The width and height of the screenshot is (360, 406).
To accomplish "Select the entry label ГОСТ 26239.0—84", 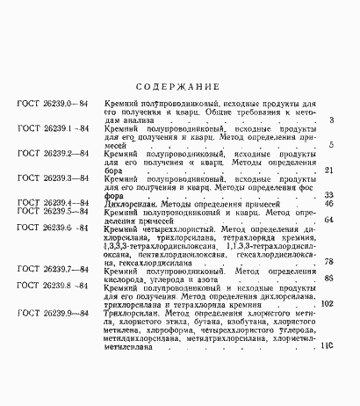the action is [x=53, y=105].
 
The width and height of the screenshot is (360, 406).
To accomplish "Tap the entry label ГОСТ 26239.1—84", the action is [x=53, y=129].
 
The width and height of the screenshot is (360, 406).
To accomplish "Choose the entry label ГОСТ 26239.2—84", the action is [x=53, y=154].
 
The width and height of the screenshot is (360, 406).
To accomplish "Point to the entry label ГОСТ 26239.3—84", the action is [x=53, y=178].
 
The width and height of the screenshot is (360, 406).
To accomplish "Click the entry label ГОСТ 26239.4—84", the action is [x=53, y=203].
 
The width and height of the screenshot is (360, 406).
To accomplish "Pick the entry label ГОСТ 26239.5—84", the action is [x=53, y=212].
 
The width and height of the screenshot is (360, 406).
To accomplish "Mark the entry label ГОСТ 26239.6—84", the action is [x=53, y=228].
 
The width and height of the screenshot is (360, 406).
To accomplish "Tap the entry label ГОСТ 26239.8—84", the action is [x=53, y=286].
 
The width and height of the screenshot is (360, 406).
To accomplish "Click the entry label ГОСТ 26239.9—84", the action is [x=53, y=313].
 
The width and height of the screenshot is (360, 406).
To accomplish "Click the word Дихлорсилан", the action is [x=129, y=203].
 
